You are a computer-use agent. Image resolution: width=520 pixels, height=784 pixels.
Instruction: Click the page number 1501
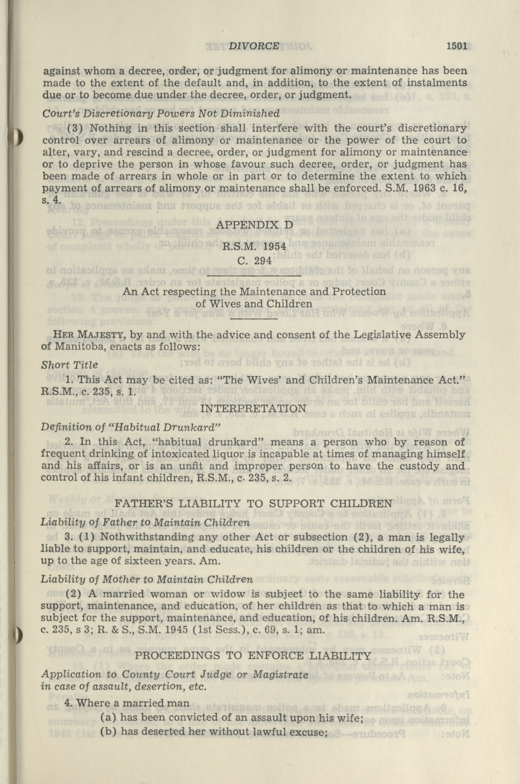(457, 46)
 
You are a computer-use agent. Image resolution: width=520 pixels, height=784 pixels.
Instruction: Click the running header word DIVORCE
(254, 46)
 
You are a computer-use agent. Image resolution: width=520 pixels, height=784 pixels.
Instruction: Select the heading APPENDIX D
(255, 225)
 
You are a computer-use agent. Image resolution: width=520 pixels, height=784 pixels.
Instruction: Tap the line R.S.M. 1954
(254, 247)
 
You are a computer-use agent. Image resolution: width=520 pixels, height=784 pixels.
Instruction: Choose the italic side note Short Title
(69, 365)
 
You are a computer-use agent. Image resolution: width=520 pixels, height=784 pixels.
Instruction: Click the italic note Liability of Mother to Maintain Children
(147, 579)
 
